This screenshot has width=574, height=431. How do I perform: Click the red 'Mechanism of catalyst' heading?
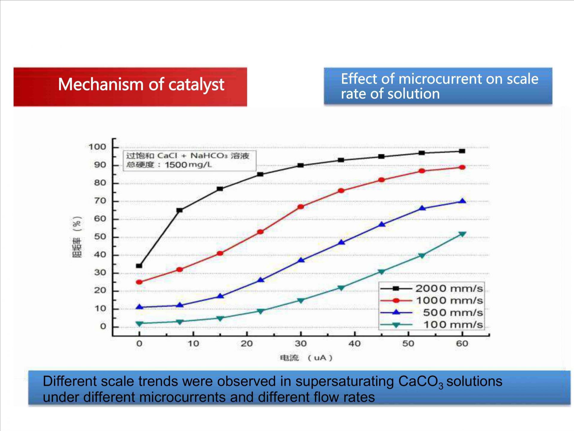point(141,85)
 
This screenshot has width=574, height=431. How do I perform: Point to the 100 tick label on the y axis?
point(97,147)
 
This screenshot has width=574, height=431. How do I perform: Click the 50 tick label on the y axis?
point(100,237)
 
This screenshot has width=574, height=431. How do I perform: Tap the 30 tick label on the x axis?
point(300,344)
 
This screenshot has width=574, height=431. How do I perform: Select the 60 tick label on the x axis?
point(462,344)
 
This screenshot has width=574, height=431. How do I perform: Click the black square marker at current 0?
point(139,266)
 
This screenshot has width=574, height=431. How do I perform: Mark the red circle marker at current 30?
point(301,207)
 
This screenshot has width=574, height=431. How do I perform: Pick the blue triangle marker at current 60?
point(462,201)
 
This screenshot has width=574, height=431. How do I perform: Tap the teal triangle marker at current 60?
point(462,234)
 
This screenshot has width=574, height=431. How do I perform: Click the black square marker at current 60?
point(462,151)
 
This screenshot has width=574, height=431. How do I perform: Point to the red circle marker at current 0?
point(139,282)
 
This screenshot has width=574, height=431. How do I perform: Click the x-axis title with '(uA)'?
point(306,358)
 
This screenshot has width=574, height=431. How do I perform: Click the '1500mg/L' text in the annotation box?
point(188,165)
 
